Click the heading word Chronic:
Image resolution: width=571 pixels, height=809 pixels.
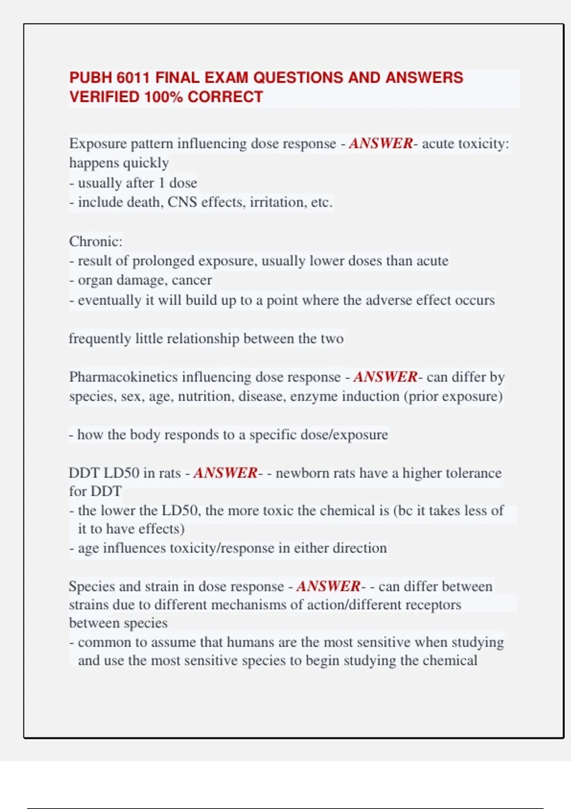(x=96, y=241)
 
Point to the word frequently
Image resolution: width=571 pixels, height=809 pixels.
(x=99, y=339)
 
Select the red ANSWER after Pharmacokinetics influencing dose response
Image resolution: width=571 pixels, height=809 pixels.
(x=385, y=377)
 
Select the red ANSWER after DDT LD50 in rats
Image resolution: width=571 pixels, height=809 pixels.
(x=225, y=473)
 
